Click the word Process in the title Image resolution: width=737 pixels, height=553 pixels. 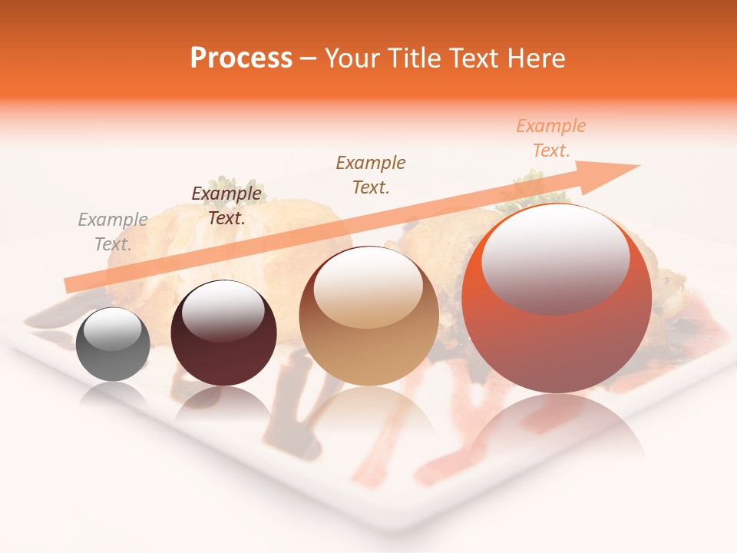pyautogui.click(x=241, y=58)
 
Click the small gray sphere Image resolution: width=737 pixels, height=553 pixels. pyautogui.click(x=113, y=344)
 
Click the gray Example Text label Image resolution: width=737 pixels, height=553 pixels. pyautogui.click(x=113, y=232)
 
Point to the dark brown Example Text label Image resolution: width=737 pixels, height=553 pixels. pyautogui.click(x=226, y=206)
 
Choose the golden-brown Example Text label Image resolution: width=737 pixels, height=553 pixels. pyautogui.click(x=371, y=174)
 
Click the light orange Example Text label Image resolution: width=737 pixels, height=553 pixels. pyautogui.click(x=550, y=138)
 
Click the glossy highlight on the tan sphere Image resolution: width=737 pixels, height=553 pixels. pyautogui.click(x=368, y=286)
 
